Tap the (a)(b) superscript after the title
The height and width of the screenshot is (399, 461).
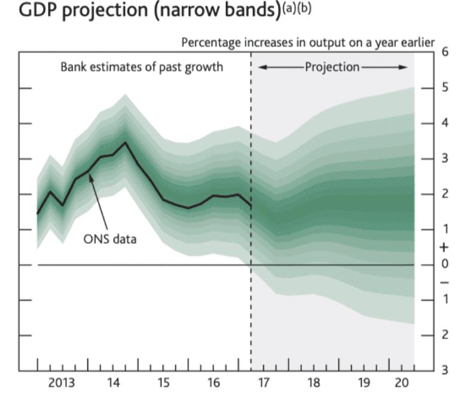[296, 10]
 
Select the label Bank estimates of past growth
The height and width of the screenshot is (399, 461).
[141, 66]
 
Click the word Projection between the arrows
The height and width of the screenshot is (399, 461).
[332, 66]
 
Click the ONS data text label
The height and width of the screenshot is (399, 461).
[110, 240]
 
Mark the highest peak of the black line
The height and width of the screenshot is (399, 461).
[124, 142]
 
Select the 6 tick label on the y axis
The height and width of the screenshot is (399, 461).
[444, 52]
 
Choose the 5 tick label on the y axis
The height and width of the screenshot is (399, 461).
[444, 88]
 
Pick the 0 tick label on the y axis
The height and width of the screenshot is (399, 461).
[444, 264]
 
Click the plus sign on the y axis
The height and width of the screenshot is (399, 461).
[444, 247]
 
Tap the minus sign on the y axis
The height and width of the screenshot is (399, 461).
[444, 282]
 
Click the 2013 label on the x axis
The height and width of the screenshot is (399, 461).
[62, 382]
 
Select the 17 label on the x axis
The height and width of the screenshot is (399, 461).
[264, 382]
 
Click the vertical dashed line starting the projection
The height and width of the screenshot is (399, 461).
[251, 299]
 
